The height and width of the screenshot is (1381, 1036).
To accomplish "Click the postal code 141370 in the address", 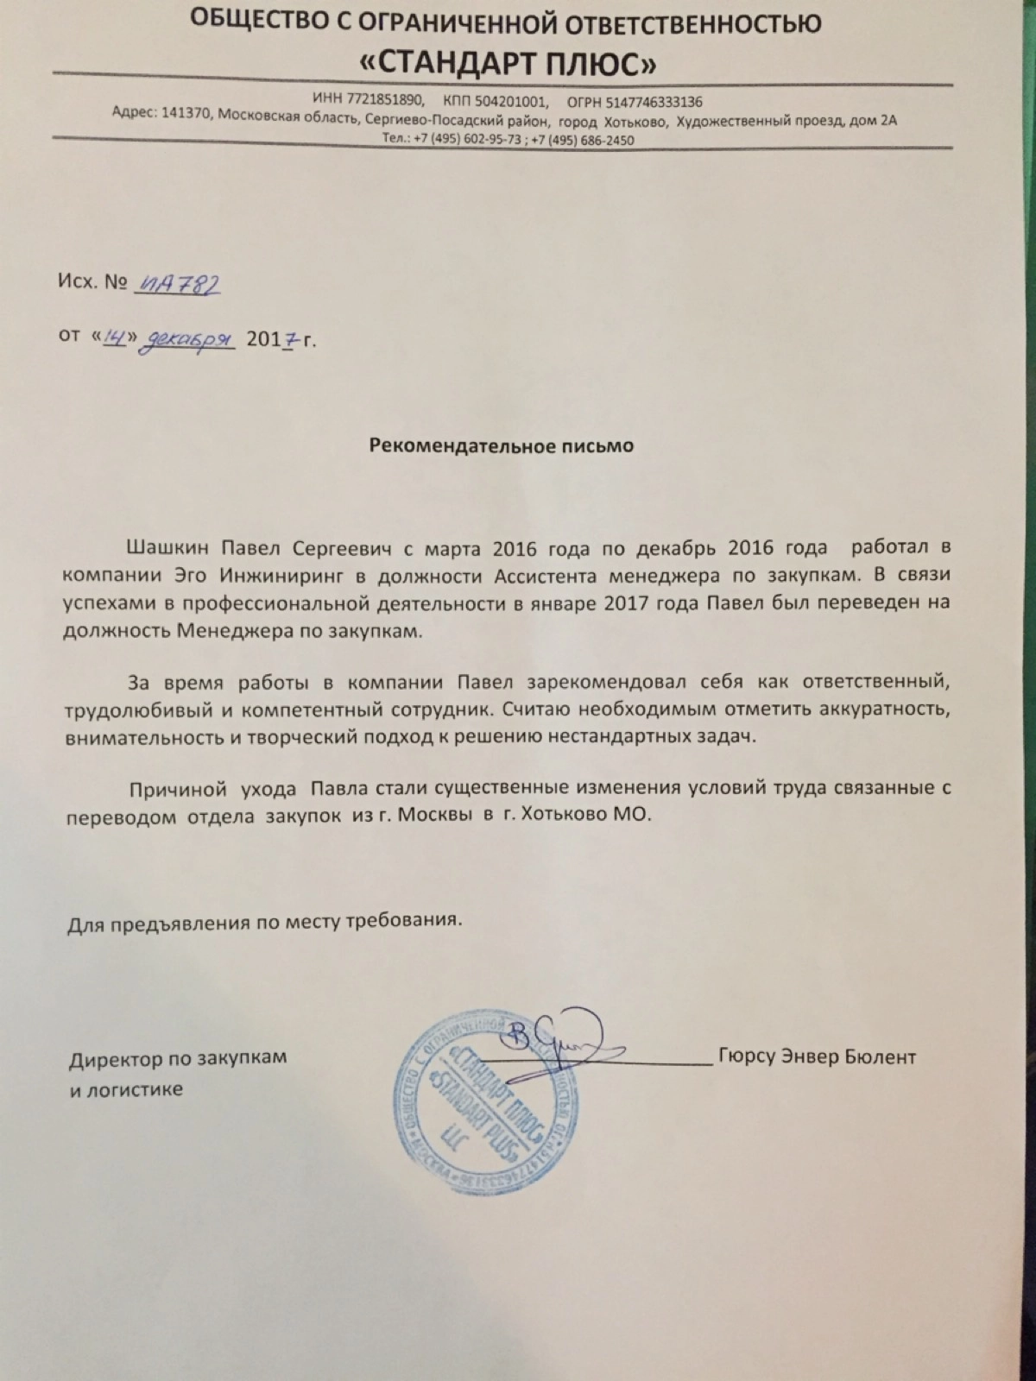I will click(x=187, y=121).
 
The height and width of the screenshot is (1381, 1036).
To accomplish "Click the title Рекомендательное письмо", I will click(x=502, y=445).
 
